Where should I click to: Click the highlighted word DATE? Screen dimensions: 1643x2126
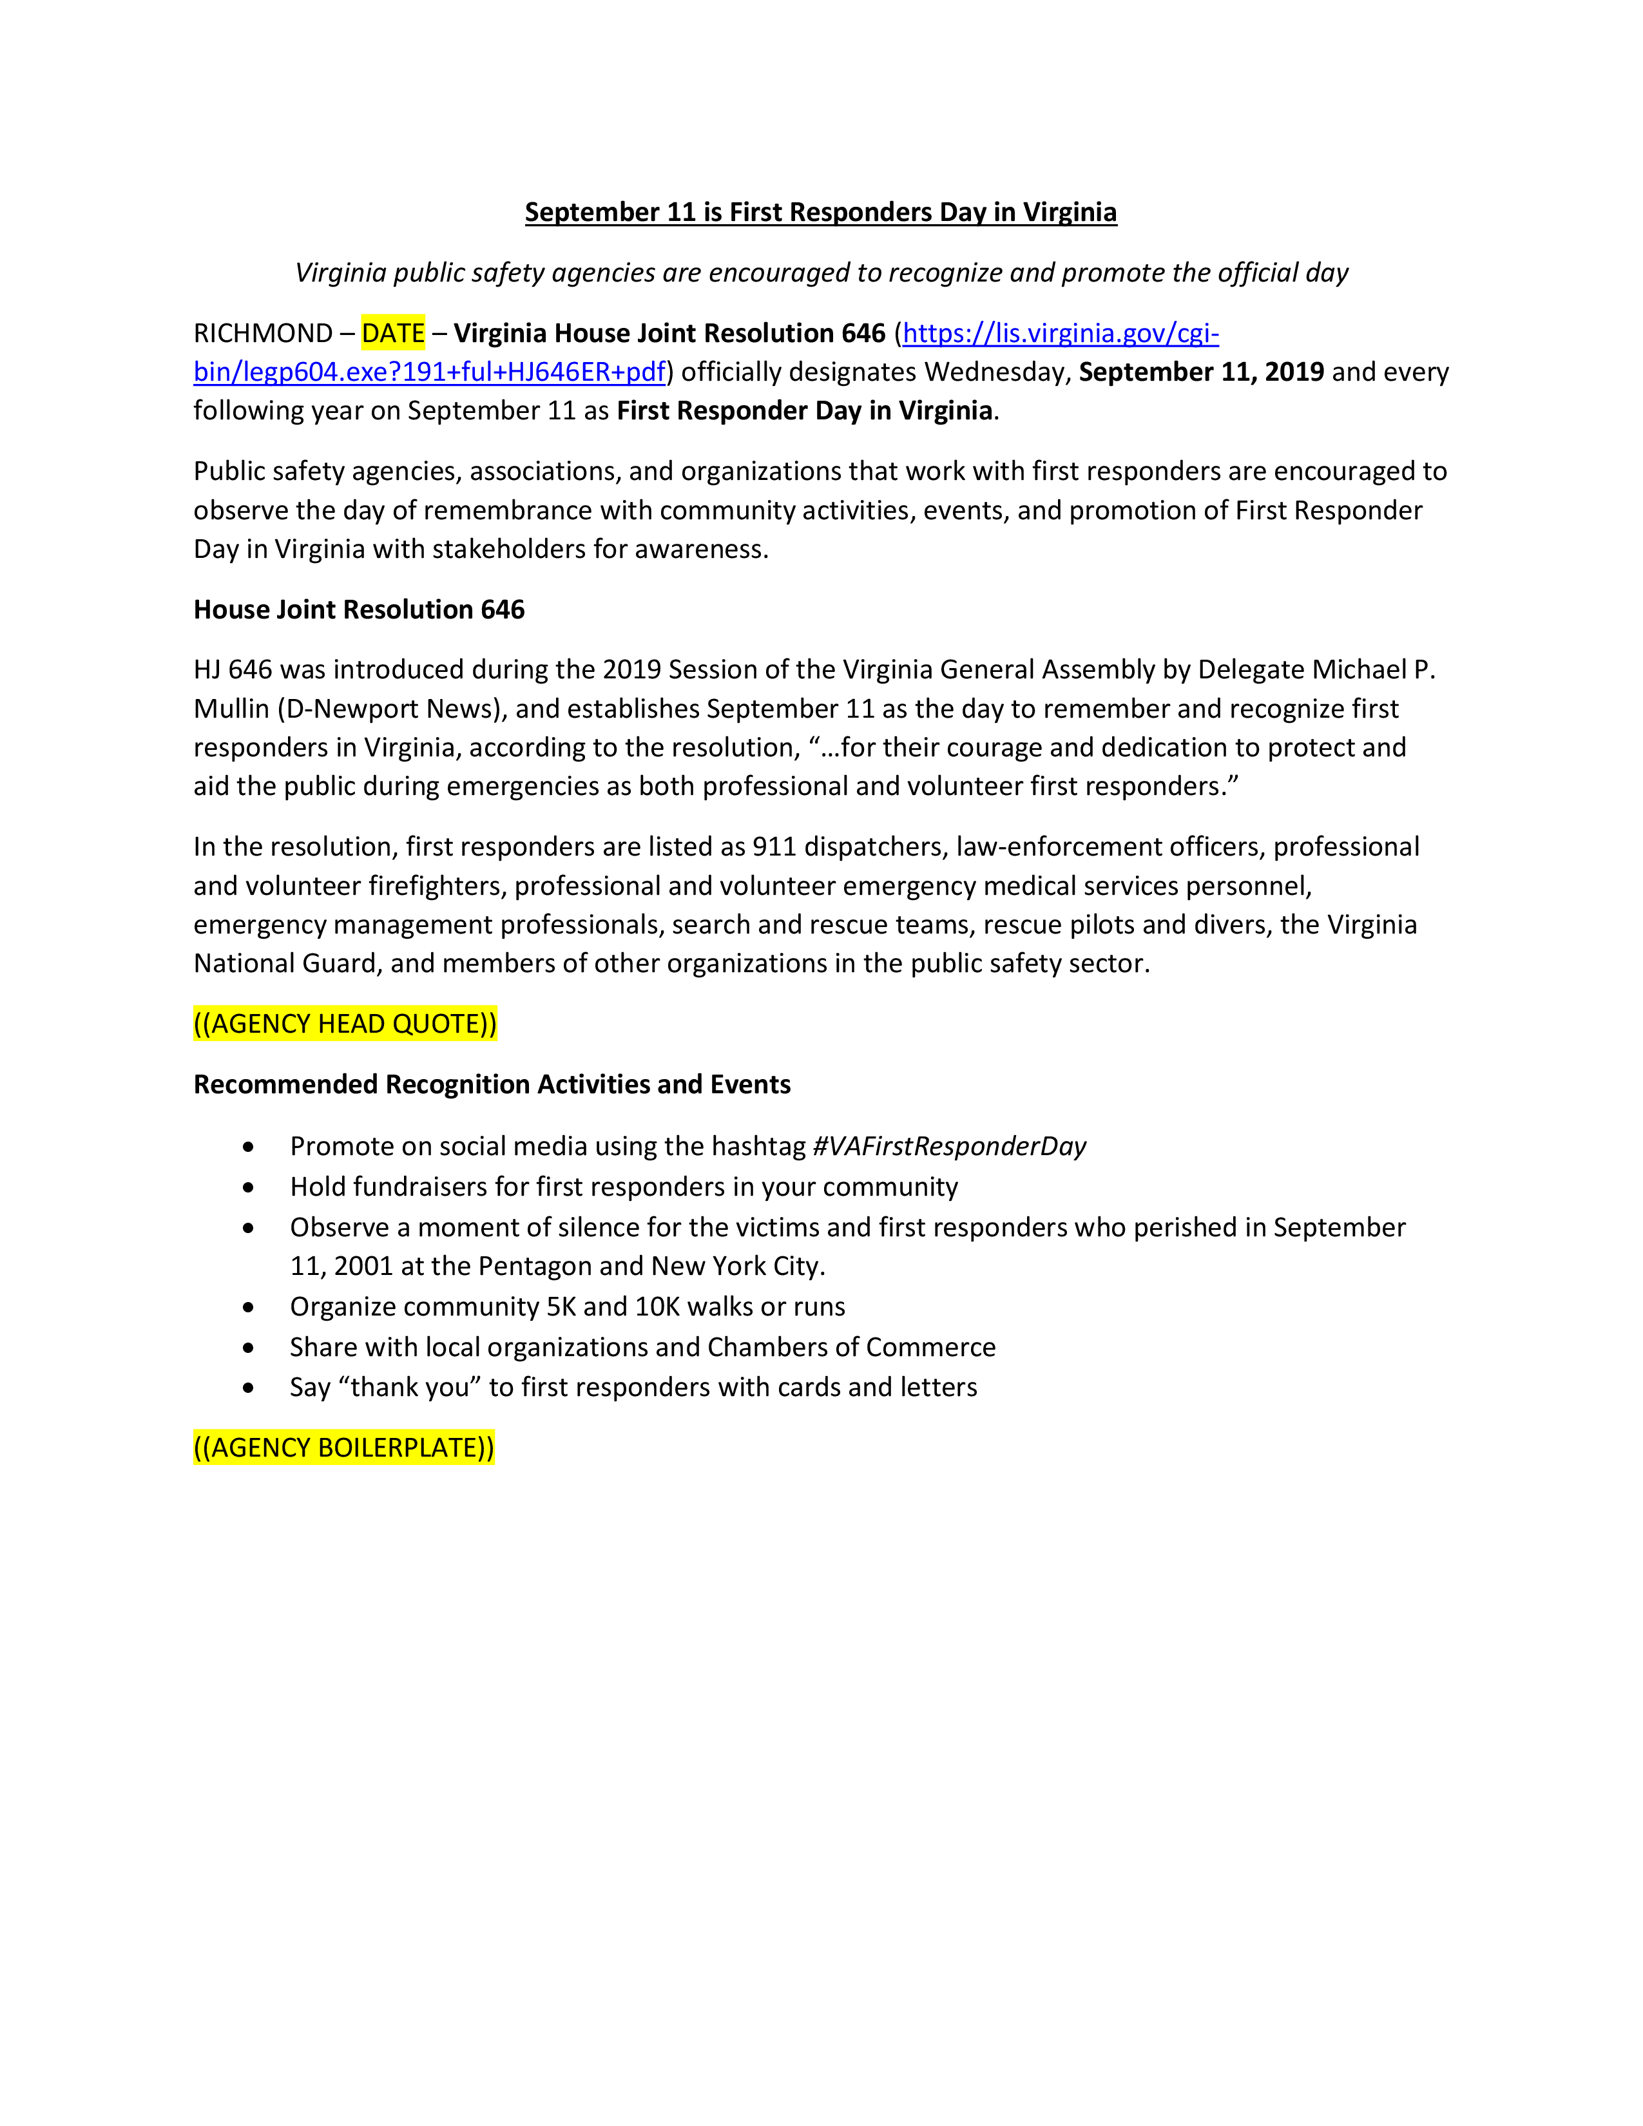(393, 334)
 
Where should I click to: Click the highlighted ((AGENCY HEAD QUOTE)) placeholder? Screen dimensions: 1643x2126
(345, 1024)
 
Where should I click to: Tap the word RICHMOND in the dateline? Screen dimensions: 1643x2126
(263, 334)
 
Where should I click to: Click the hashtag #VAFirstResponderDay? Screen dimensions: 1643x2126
(949, 1147)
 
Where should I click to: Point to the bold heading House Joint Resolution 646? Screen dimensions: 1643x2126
(359, 609)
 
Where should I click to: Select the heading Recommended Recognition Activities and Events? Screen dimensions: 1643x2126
(492, 1084)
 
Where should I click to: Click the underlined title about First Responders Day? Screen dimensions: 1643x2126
(820, 212)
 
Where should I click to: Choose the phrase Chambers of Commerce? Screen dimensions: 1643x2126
(852, 1347)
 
